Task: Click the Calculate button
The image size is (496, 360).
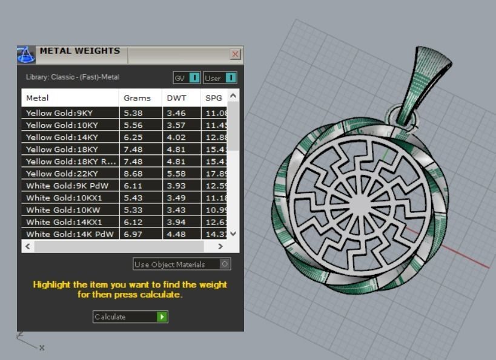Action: pos(130,316)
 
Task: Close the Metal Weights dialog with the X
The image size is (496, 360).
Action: pos(235,54)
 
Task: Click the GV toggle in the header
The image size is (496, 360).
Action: pos(187,77)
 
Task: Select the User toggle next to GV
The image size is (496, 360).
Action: pos(220,77)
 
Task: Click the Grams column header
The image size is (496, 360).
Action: pos(137,97)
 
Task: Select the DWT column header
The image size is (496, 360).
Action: pos(176,97)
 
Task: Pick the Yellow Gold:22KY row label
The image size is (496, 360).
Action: pos(62,174)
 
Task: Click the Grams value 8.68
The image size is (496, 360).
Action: pos(133,174)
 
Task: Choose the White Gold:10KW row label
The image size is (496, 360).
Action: pos(62,210)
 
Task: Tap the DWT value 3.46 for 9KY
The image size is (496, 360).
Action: pos(176,113)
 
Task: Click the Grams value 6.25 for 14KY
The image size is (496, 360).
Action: pos(133,137)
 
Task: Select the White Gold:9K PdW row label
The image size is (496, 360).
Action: pos(67,186)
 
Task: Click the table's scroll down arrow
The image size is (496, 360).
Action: pos(234,234)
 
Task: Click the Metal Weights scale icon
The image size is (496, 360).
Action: pos(26,54)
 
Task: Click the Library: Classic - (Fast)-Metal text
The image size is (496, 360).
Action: pos(73,77)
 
